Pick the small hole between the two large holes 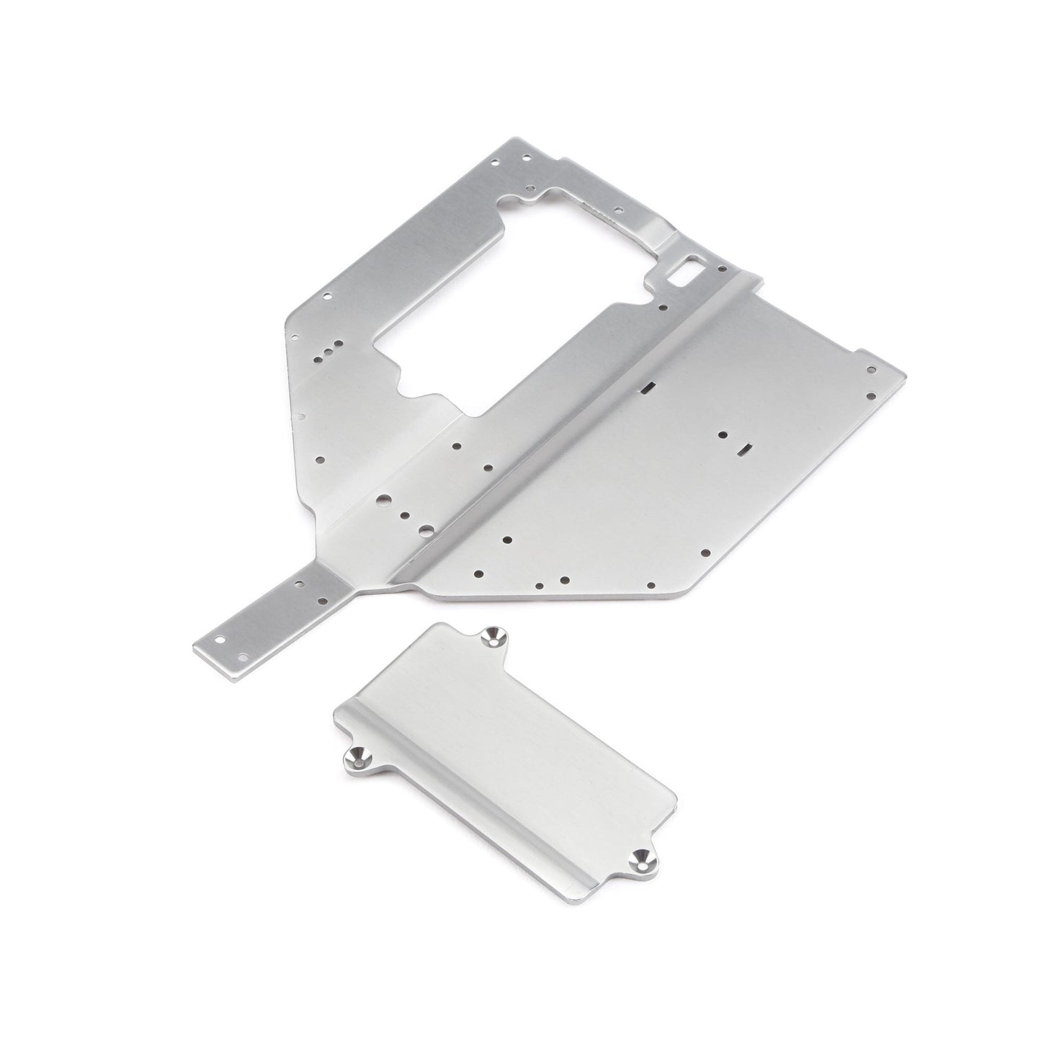pos(405,516)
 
